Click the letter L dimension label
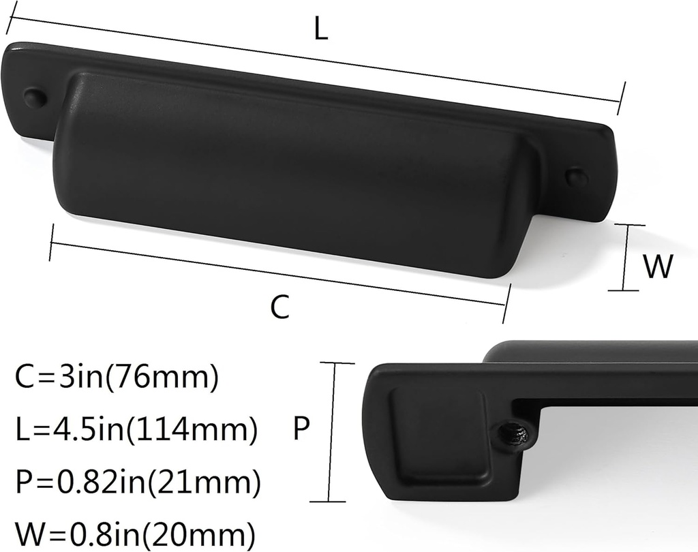(x=320, y=29)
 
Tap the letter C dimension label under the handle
(x=279, y=307)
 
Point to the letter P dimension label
(x=302, y=429)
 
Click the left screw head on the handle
(x=34, y=97)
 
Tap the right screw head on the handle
(x=577, y=177)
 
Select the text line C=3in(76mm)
(x=116, y=378)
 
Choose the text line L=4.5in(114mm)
(x=136, y=430)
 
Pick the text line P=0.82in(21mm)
(x=137, y=482)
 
